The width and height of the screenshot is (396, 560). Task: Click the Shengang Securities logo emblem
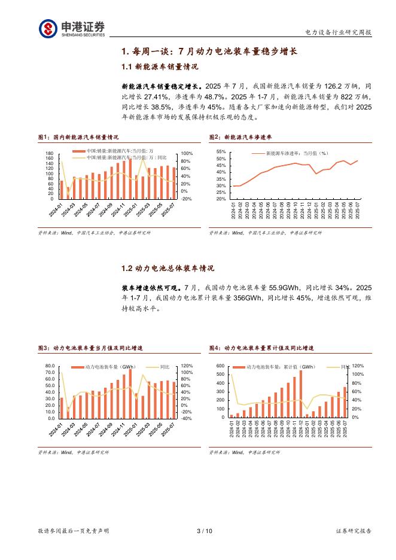(x=48, y=29)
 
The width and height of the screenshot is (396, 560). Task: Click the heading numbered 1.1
(x=159, y=67)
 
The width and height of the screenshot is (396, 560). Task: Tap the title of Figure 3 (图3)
(x=90, y=348)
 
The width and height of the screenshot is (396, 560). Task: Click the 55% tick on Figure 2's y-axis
(x=221, y=153)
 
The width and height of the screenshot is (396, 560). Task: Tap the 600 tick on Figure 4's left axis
(x=220, y=366)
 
